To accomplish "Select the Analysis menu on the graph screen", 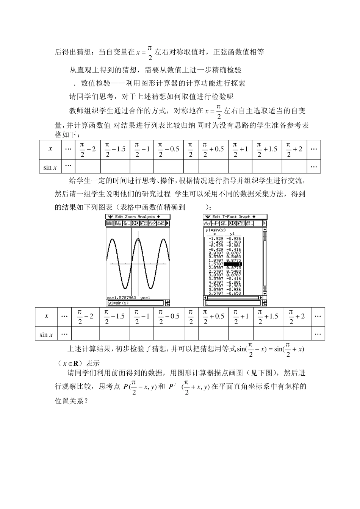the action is pyautogui.click(x=146, y=217).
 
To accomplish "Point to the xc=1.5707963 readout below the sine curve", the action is pyautogui.click(x=121, y=298).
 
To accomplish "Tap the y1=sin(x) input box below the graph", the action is pyautogui.click(x=135, y=303).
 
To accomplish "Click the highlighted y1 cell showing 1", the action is pyautogui.click(x=233, y=264).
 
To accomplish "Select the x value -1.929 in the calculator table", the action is pyautogui.click(x=216, y=239).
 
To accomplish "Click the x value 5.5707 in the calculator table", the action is pyautogui.click(x=216, y=293).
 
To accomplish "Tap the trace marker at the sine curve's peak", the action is pyautogui.click(x=138, y=239).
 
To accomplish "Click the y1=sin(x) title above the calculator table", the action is pyautogui.click(x=215, y=230).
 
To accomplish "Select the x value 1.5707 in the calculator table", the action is pyautogui.click(x=216, y=264).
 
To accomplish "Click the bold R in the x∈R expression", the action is pyautogui.click(x=75, y=363).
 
